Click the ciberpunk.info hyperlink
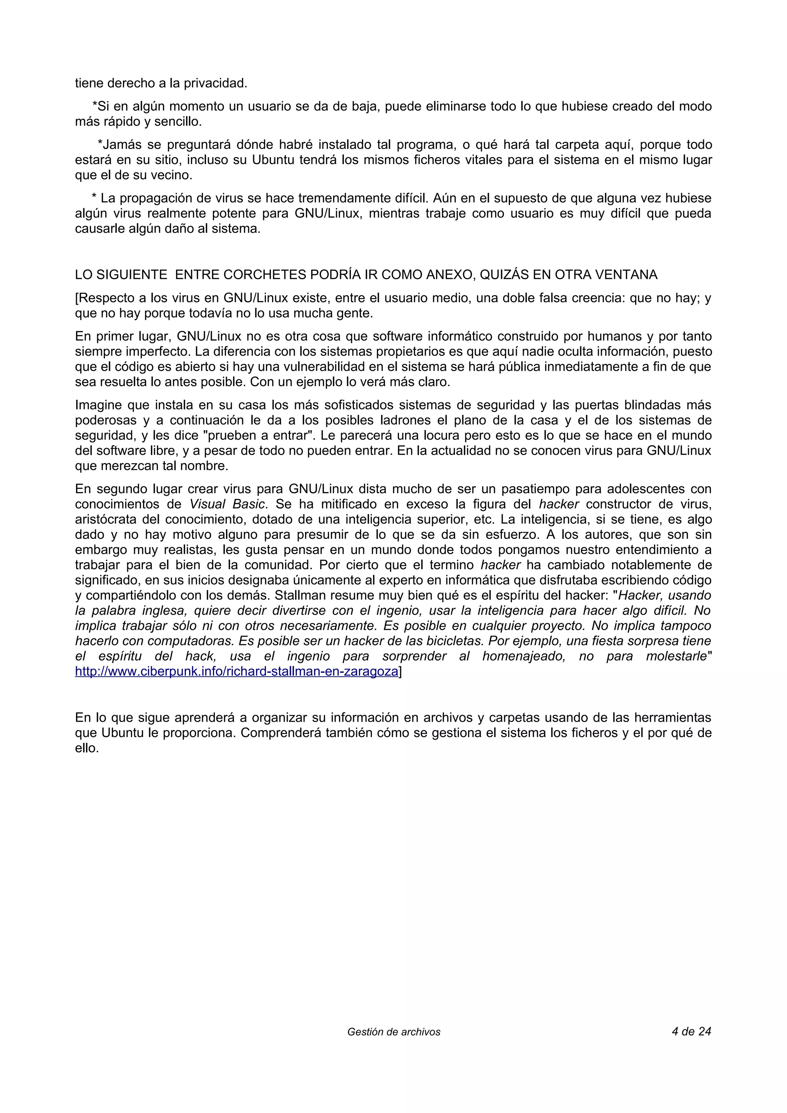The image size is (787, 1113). point(236,671)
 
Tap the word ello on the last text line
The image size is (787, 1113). point(86,748)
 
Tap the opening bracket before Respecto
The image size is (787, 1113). point(76,298)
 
